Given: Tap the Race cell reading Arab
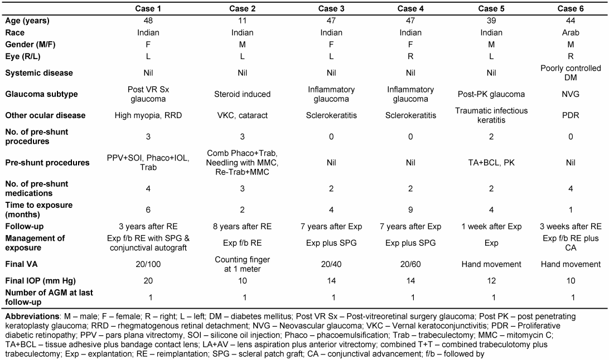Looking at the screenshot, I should (x=571, y=32).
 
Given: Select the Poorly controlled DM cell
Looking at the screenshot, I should (x=571, y=72).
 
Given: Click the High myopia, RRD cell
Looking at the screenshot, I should (x=148, y=115).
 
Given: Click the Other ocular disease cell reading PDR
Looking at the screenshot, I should (x=571, y=115).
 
